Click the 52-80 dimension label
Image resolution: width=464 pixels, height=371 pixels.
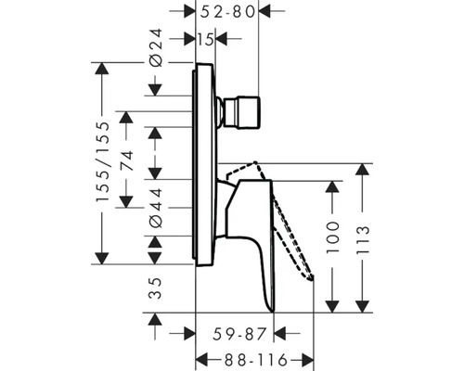coord(230,13)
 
